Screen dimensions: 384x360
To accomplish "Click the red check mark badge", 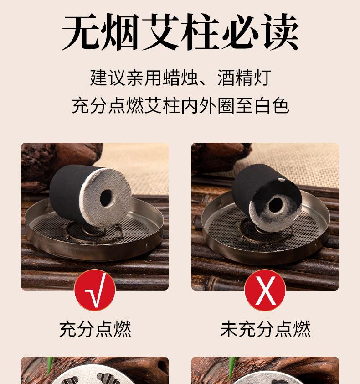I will (95, 290).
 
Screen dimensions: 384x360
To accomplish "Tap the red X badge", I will (265, 290).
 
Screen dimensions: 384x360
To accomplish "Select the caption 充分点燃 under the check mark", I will (95, 329).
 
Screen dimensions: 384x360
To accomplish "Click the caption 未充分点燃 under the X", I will (265, 329).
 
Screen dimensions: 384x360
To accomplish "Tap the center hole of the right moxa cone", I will (275, 205).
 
